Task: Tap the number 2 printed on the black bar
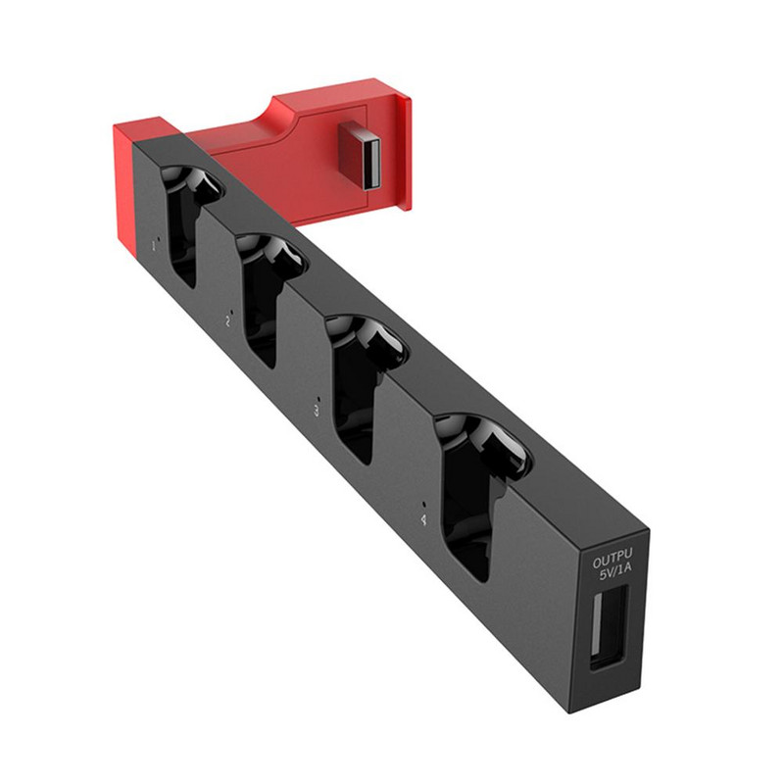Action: pos(227,319)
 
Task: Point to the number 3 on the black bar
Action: pos(316,413)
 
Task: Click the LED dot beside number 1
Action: pos(150,235)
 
